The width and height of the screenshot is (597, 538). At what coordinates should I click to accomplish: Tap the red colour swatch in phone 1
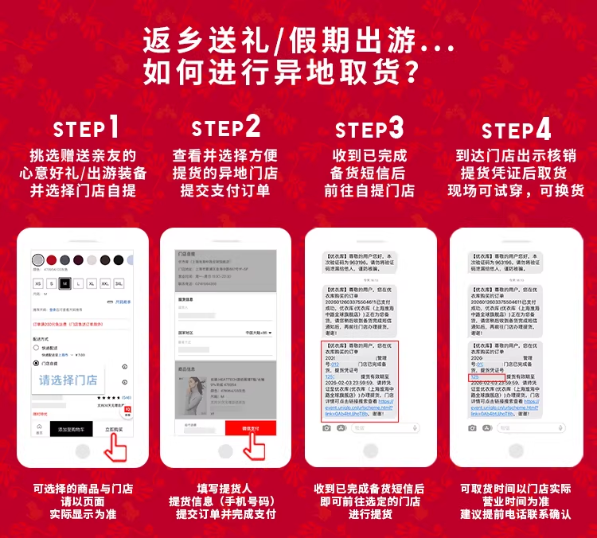(52, 260)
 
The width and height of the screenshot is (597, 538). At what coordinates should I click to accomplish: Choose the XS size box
(37, 283)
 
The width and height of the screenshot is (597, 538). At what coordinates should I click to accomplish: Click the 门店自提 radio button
(36, 364)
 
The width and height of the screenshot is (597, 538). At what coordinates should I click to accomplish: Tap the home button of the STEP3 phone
(371, 451)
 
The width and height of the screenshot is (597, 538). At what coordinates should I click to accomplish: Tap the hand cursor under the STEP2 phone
(254, 447)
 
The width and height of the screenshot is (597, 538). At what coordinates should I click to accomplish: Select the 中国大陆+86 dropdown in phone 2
(259, 332)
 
